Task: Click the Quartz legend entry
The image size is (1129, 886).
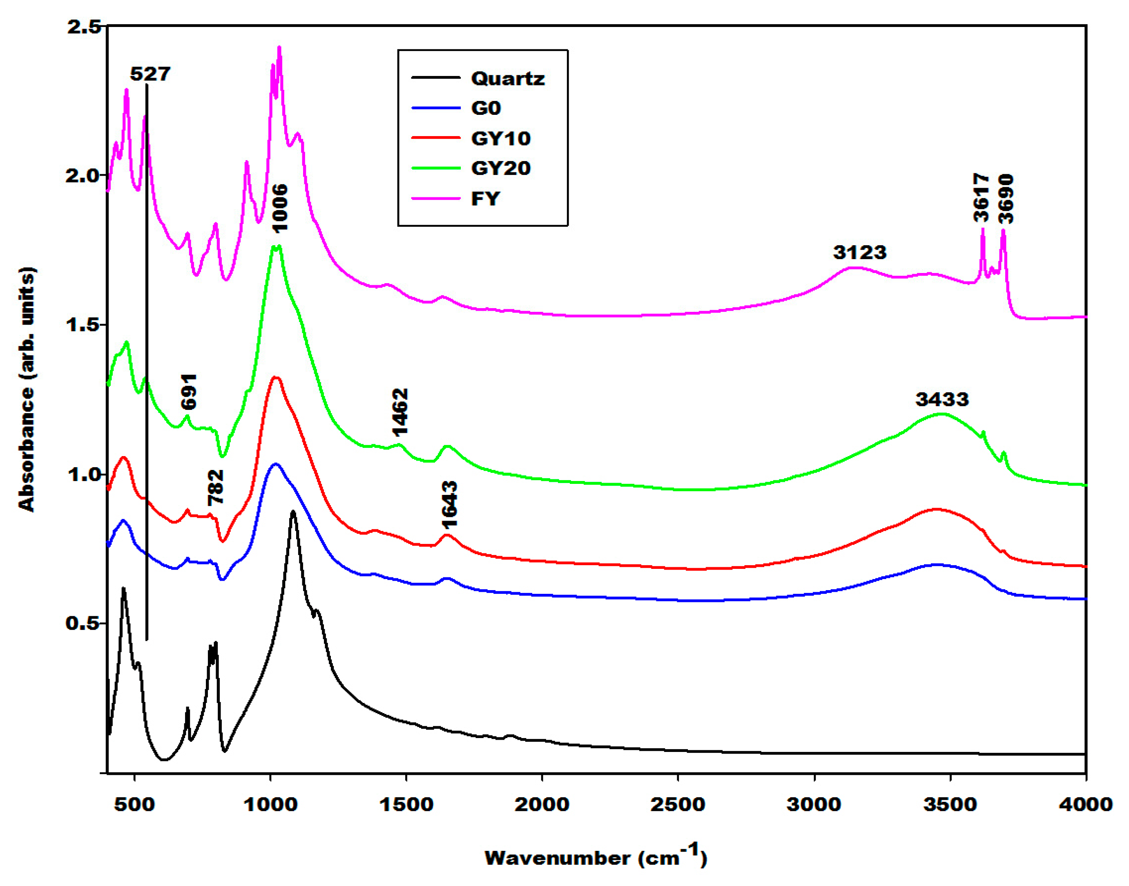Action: coord(507,79)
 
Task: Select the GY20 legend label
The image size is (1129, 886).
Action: coord(500,169)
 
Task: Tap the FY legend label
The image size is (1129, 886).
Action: coord(485,199)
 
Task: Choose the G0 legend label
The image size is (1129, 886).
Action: coord(485,108)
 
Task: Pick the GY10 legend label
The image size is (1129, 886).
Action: coord(500,139)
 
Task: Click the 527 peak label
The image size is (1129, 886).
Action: coord(150,74)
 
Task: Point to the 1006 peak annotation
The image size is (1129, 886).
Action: coord(279,208)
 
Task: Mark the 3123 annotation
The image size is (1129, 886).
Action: coord(859,253)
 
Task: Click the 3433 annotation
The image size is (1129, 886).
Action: coord(942,399)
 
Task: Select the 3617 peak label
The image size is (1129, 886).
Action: coord(981,198)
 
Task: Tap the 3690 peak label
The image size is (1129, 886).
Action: coord(1005,199)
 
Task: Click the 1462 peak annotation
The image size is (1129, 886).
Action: coord(399,412)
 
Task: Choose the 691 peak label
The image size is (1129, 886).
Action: coord(189,392)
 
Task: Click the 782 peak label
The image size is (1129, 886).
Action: coord(215,487)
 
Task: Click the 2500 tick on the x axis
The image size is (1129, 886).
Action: coord(678,805)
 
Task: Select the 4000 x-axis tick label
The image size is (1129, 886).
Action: coord(1085,805)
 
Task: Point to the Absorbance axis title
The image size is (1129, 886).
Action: coord(27,389)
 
